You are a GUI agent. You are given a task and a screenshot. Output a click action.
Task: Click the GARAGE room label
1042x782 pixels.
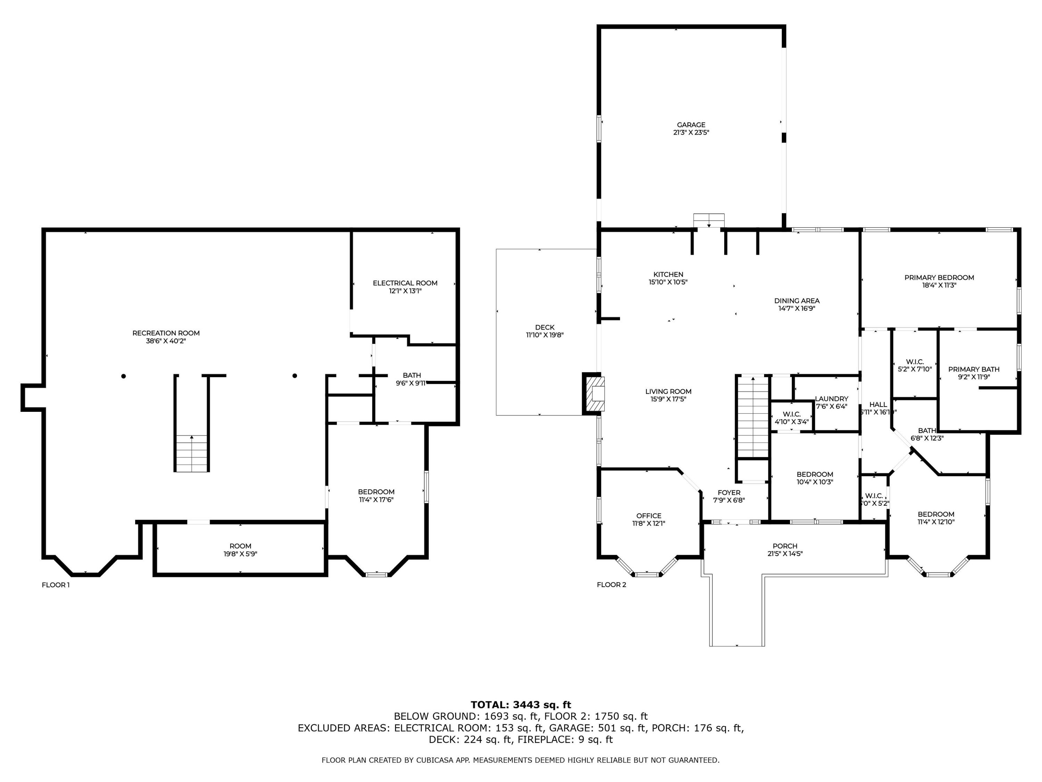click(691, 125)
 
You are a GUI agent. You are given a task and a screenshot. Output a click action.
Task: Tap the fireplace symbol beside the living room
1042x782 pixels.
click(595, 393)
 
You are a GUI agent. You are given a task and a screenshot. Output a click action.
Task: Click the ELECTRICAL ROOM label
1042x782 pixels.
click(405, 283)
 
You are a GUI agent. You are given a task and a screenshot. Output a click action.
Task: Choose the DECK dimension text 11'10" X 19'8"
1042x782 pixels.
click(545, 335)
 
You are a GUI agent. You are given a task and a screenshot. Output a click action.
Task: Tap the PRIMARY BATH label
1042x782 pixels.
click(973, 369)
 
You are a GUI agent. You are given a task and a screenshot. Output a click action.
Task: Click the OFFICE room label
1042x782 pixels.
click(649, 516)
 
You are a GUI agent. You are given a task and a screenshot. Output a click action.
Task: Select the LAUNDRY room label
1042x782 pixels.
click(832, 399)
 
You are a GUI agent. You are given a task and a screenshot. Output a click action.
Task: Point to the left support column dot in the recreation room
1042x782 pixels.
click(123, 376)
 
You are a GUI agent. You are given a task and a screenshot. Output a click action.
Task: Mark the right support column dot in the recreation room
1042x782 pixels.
click(295, 376)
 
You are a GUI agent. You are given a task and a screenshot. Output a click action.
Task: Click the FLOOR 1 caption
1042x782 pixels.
click(56, 585)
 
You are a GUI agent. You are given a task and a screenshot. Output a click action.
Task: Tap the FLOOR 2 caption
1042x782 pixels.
click(611, 585)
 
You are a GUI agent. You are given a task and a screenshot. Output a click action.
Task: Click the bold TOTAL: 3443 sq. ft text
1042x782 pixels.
click(521, 705)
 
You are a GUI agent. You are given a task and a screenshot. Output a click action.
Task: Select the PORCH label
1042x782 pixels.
click(785, 546)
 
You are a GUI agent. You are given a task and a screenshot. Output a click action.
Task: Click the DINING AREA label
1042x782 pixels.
click(796, 301)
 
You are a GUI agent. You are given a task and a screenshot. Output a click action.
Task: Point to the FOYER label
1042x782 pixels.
click(729, 492)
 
